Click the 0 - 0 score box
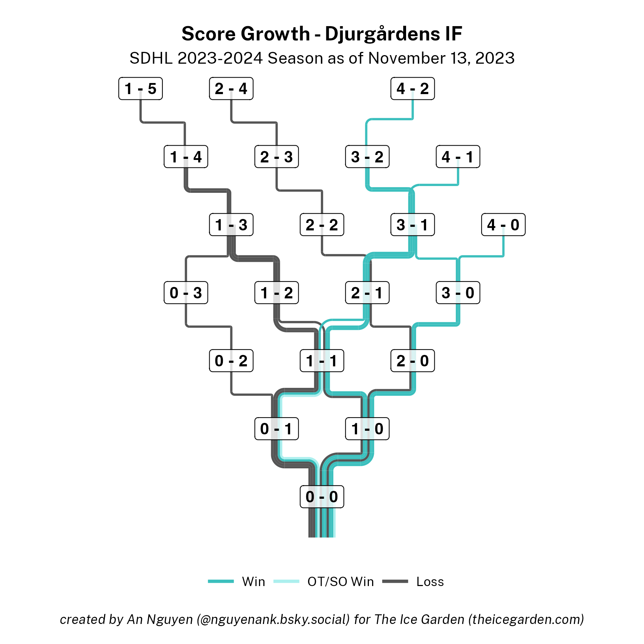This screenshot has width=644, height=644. coord(322,497)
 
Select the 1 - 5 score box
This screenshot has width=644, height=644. coord(140,89)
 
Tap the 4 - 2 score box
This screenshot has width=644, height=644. coord(413,89)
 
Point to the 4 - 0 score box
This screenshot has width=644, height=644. coord(503,225)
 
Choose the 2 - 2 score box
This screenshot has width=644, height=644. coord(322,225)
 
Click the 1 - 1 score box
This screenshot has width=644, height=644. coord(322,361)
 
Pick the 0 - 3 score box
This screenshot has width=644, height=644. coord(186,293)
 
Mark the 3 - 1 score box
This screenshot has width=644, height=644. coord(413,225)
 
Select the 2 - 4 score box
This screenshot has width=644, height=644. coord(231,89)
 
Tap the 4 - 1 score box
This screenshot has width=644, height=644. coord(458,157)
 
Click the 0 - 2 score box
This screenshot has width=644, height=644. coord(231,361)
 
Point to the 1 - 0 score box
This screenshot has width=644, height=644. coord(367,429)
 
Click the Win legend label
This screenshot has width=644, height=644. coord(253,582)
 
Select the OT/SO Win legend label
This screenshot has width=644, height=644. coord(340,582)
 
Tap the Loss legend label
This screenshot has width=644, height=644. coord(430,582)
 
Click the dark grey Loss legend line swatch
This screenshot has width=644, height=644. coord(395,581)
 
